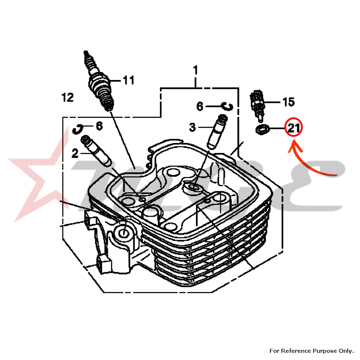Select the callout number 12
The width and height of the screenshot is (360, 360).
[x=67, y=97]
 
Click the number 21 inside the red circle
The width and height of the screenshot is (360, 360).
[x=293, y=127]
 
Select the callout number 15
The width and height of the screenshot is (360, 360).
[x=288, y=102]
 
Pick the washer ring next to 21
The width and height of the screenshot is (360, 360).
[x=263, y=129]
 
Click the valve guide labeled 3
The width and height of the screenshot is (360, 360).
[x=217, y=131]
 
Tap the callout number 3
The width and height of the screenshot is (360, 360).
[x=193, y=127]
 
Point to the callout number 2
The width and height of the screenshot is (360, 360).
[x=75, y=154]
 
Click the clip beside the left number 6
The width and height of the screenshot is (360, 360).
[x=78, y=128]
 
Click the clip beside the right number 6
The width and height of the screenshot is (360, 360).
[x=228, y=106]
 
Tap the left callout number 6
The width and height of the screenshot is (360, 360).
[x=99, y=126]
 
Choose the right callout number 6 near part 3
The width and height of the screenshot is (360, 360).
[x=200, y=106]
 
